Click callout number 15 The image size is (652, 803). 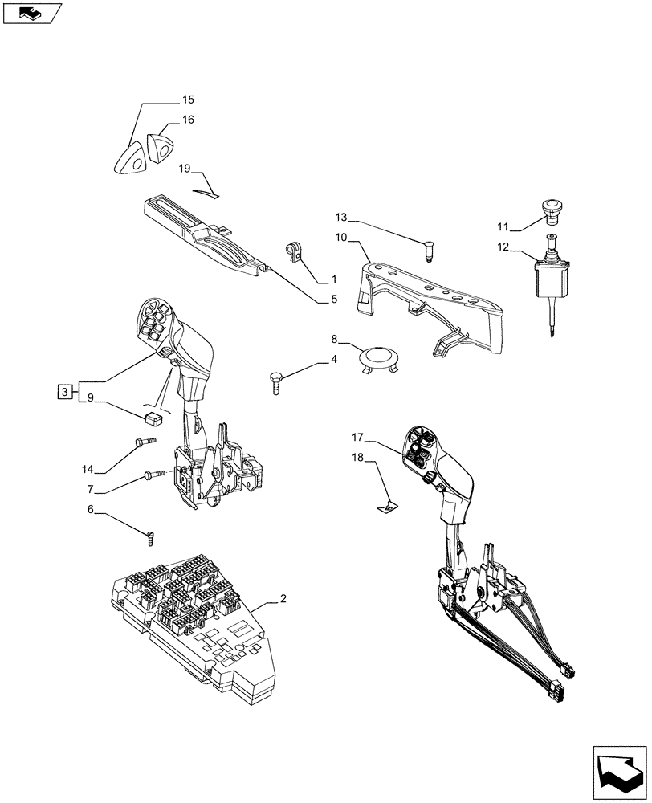click(x=187, y=100)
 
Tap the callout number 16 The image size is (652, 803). click(x=187, y=120)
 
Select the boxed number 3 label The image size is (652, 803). click(x=62, y=392)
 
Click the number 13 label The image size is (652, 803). click(x=342, y=218)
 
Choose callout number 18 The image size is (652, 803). click(x=357, y=457)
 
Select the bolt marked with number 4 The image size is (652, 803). click(x=277, y=380)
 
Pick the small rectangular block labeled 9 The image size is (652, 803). click(x=153, y=416)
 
